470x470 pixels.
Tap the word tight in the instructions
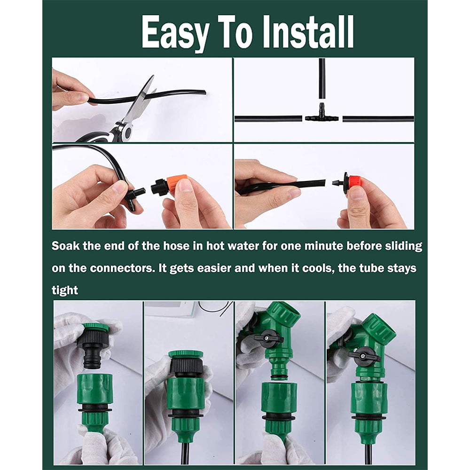point(64,290)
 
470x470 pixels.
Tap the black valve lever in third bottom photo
point(268,337)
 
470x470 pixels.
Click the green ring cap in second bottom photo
point(186,353)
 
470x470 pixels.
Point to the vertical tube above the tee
point(321,78)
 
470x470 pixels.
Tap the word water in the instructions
point(226,246)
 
